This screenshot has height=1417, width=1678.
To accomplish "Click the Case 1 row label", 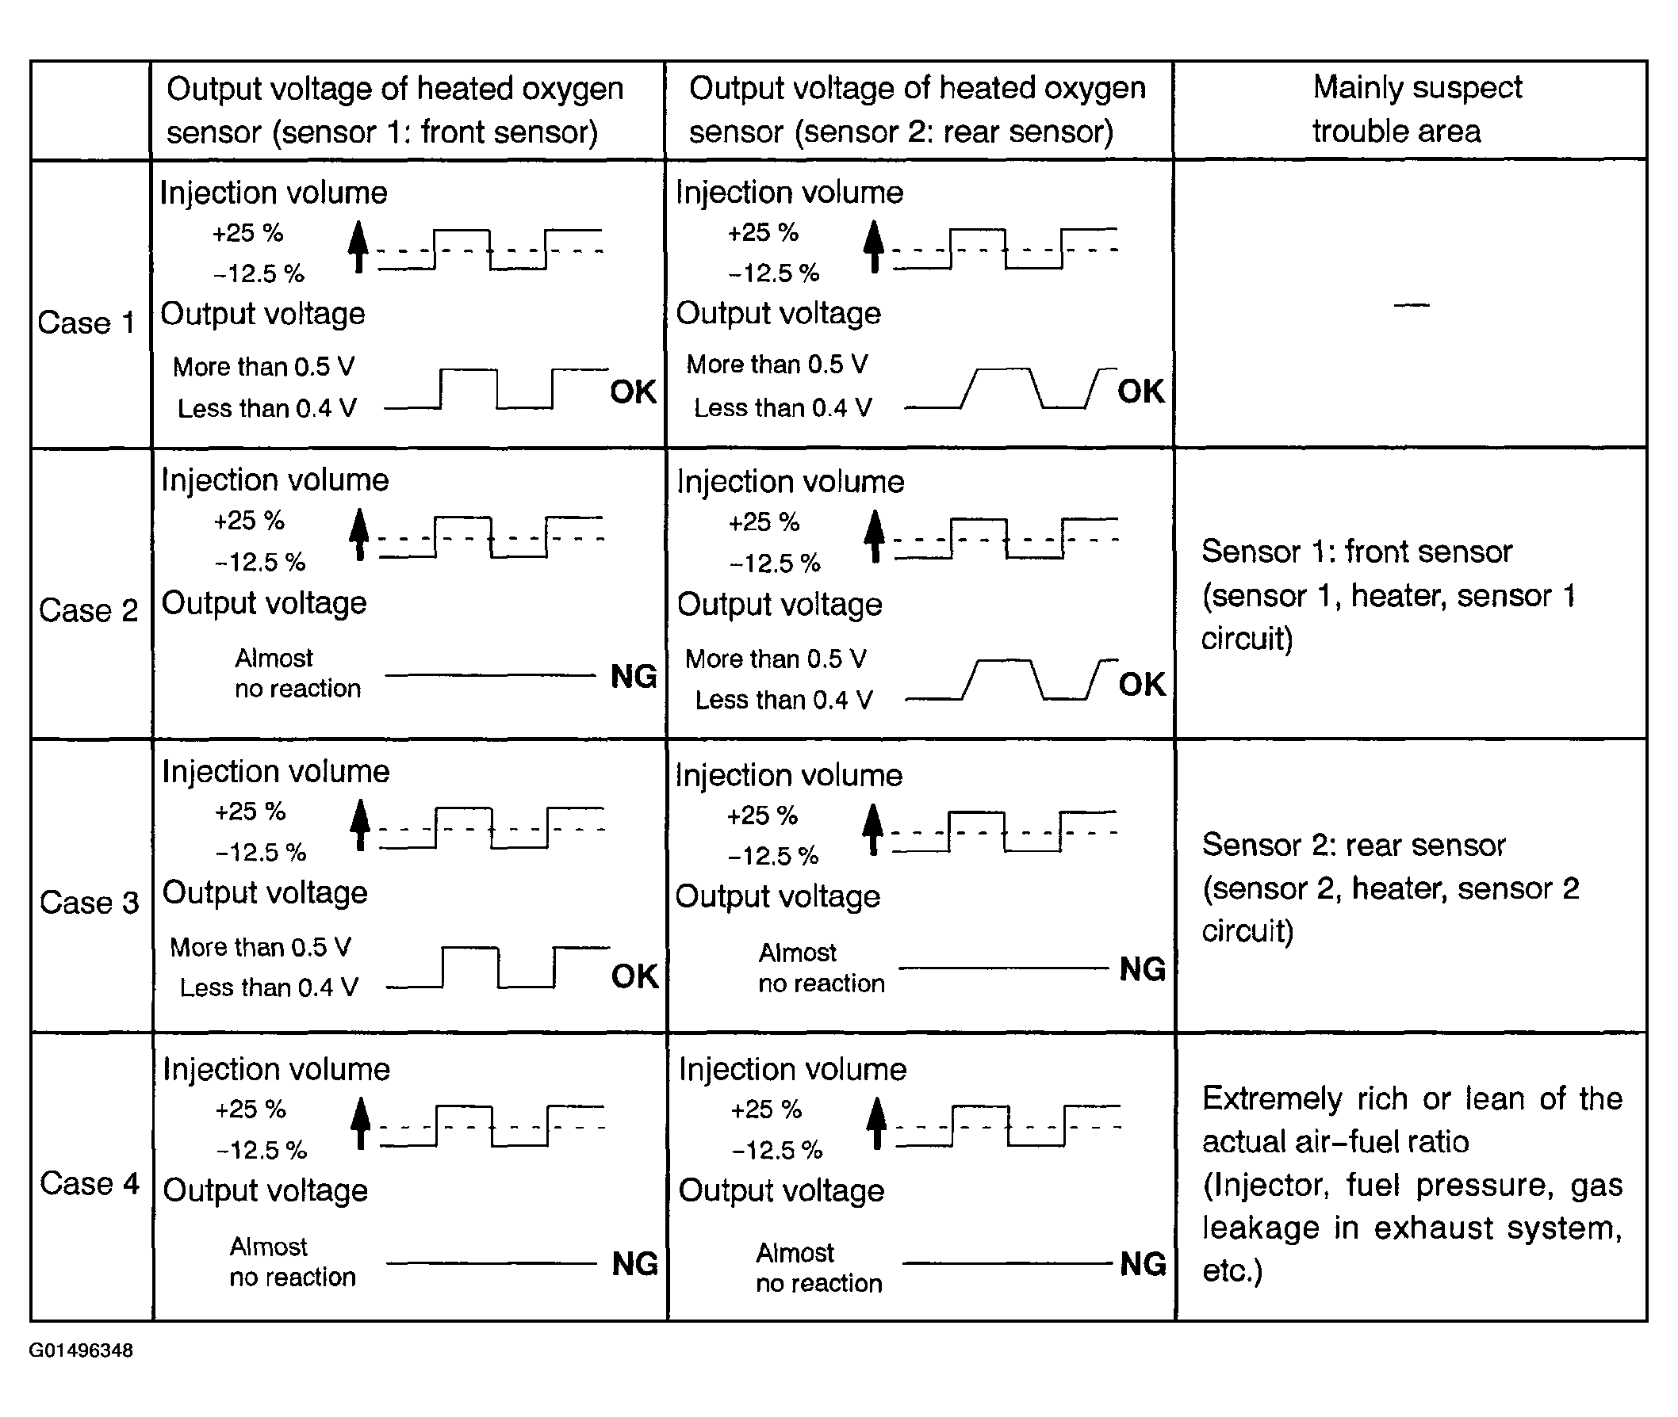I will tap(86, 323).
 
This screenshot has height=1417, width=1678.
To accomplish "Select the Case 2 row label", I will tap(87, 610).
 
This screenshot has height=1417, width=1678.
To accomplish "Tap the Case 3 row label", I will tap(88, 902).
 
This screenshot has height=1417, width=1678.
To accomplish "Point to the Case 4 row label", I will tap(88, 1183).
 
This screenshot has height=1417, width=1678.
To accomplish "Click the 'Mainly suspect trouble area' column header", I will tap(1416, 109).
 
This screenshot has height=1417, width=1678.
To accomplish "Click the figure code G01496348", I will tap(81, 1350).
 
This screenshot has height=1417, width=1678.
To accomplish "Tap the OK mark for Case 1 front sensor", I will tap(634, 392).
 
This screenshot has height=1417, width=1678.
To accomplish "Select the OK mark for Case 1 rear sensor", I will tap(1140, 391).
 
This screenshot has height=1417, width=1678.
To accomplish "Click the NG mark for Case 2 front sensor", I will tap(634, 676).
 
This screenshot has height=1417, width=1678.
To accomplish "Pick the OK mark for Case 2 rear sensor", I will tap(1141, 685).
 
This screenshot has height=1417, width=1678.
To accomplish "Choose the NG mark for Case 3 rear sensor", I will tap(1142, 969).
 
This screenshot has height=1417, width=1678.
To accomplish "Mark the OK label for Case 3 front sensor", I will tap(634, 976).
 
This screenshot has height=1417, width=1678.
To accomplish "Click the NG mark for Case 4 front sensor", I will tap(634, 1263).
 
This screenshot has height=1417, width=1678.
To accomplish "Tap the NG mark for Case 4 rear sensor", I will tap(1143, 1263).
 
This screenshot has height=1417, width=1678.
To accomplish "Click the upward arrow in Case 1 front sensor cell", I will tap(358, 247).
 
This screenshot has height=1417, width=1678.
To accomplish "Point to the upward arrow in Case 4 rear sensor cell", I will tap(877, 1123).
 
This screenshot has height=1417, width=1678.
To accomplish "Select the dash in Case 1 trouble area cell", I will tap(1412, 305).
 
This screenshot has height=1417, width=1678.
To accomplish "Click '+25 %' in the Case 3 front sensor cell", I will tap(250, 812).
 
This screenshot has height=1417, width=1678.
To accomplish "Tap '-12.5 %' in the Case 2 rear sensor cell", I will tap(775, 563).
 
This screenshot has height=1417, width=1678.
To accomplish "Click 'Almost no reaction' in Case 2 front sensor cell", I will tap(297, 673).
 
